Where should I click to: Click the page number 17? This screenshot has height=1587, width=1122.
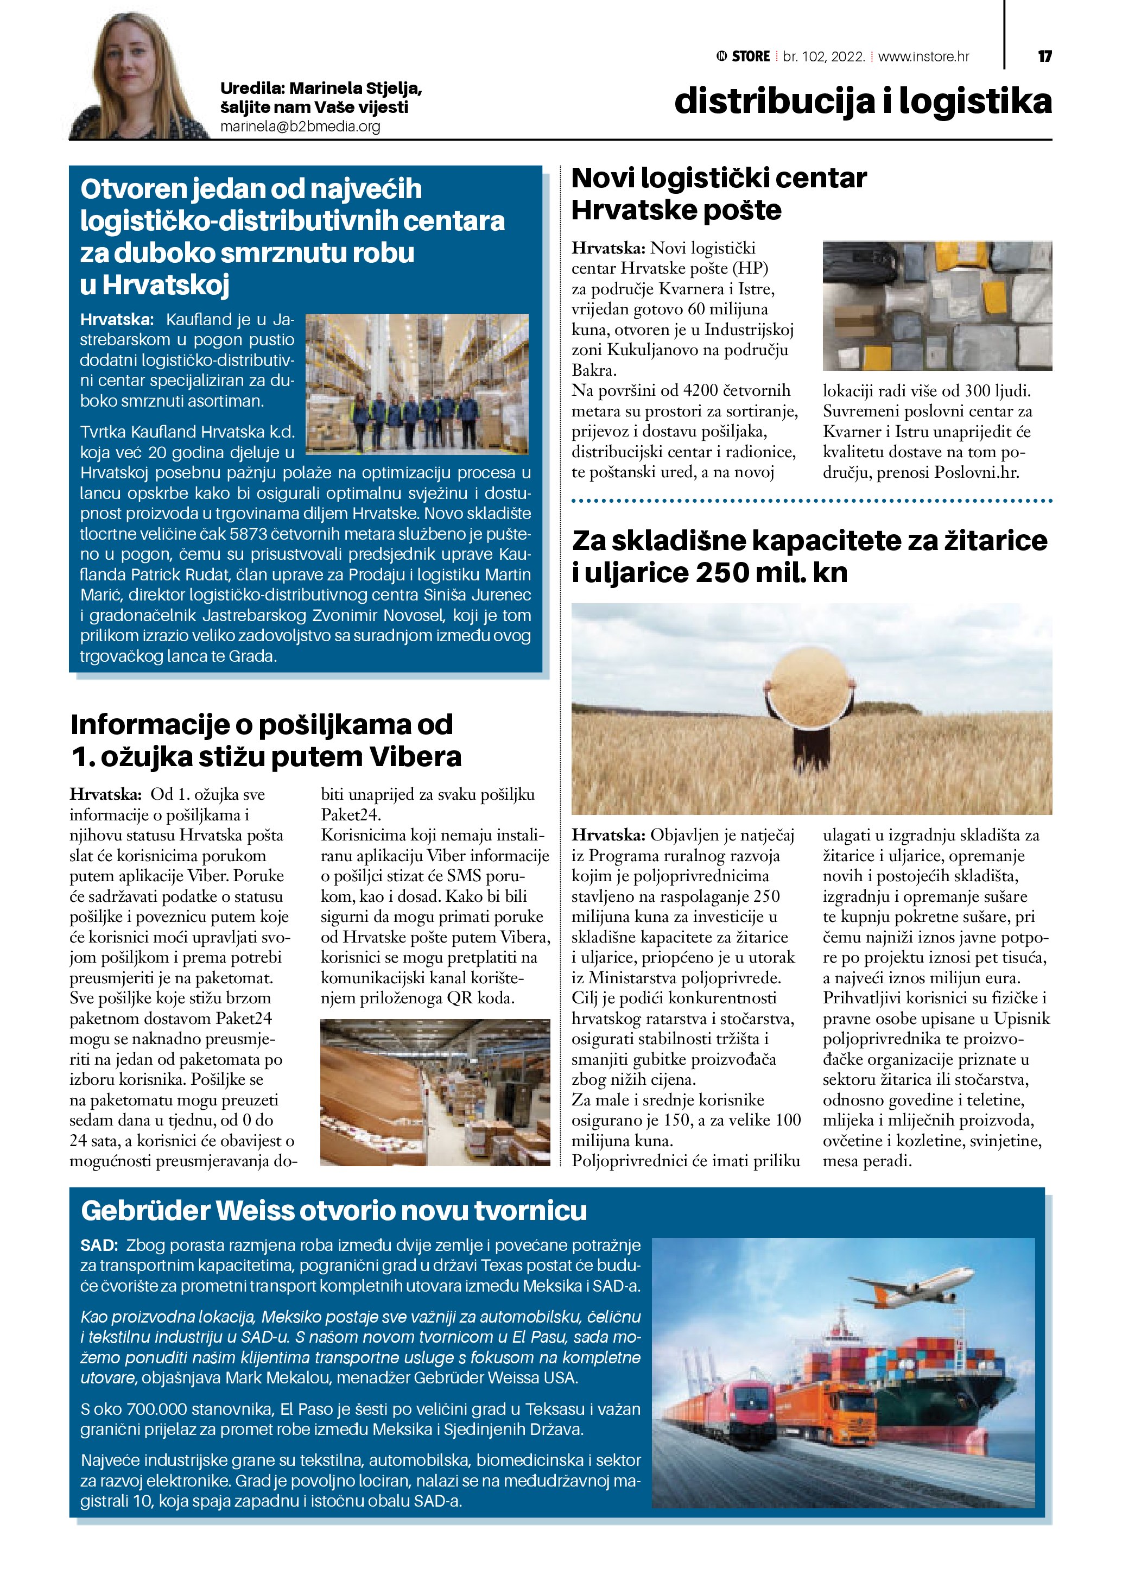pos(1044,56)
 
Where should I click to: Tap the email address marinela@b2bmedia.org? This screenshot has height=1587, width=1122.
pos(300,127)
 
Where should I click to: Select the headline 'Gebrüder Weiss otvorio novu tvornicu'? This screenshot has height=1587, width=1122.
pos(334,1210)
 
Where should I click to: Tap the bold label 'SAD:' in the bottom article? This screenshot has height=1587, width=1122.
pos(99,1245)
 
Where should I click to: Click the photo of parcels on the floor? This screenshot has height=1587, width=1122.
pos(937,306)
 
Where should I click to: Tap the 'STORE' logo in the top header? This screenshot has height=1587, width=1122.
pos(750,56)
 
